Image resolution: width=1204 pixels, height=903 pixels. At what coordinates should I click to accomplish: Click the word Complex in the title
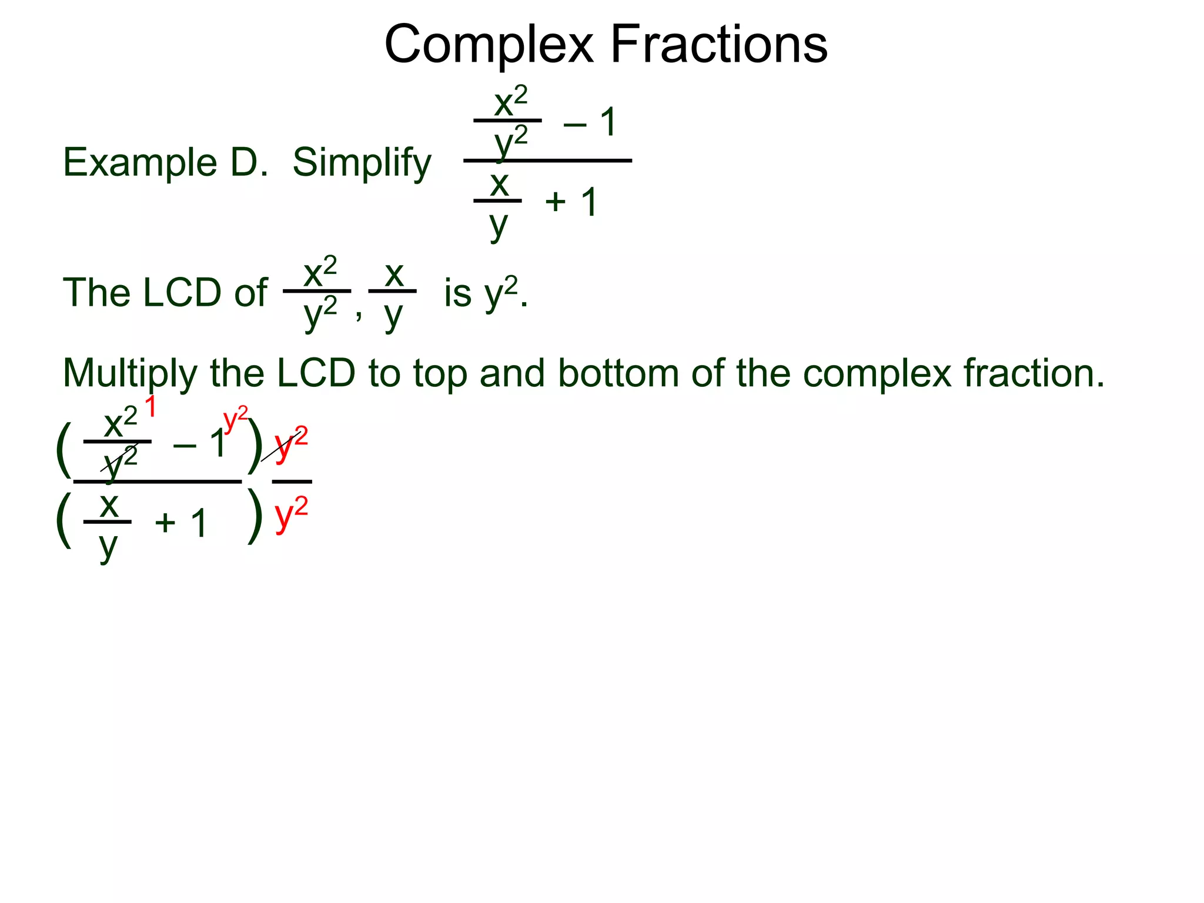pos(489,45)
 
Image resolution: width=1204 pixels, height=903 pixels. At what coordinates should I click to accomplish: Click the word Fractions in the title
pos(719,45)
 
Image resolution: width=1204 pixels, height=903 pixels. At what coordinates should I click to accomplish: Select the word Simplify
pos(362,163)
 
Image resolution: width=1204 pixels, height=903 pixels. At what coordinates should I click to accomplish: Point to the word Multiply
pos(130,374)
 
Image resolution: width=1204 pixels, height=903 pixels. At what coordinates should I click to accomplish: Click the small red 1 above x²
pos(150,407)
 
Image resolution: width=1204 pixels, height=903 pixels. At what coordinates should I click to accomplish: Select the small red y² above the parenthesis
pos(236,419)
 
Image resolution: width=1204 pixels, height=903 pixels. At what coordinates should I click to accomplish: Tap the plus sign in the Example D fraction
pos(555,202)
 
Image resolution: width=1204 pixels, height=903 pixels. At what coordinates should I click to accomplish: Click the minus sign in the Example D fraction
pos(574,123)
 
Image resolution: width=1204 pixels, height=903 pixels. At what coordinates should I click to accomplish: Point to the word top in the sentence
pos(440,374)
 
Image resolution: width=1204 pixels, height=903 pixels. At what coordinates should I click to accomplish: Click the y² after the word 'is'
pos(501,292)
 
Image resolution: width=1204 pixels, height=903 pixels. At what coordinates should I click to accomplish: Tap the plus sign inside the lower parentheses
pos(165,523)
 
